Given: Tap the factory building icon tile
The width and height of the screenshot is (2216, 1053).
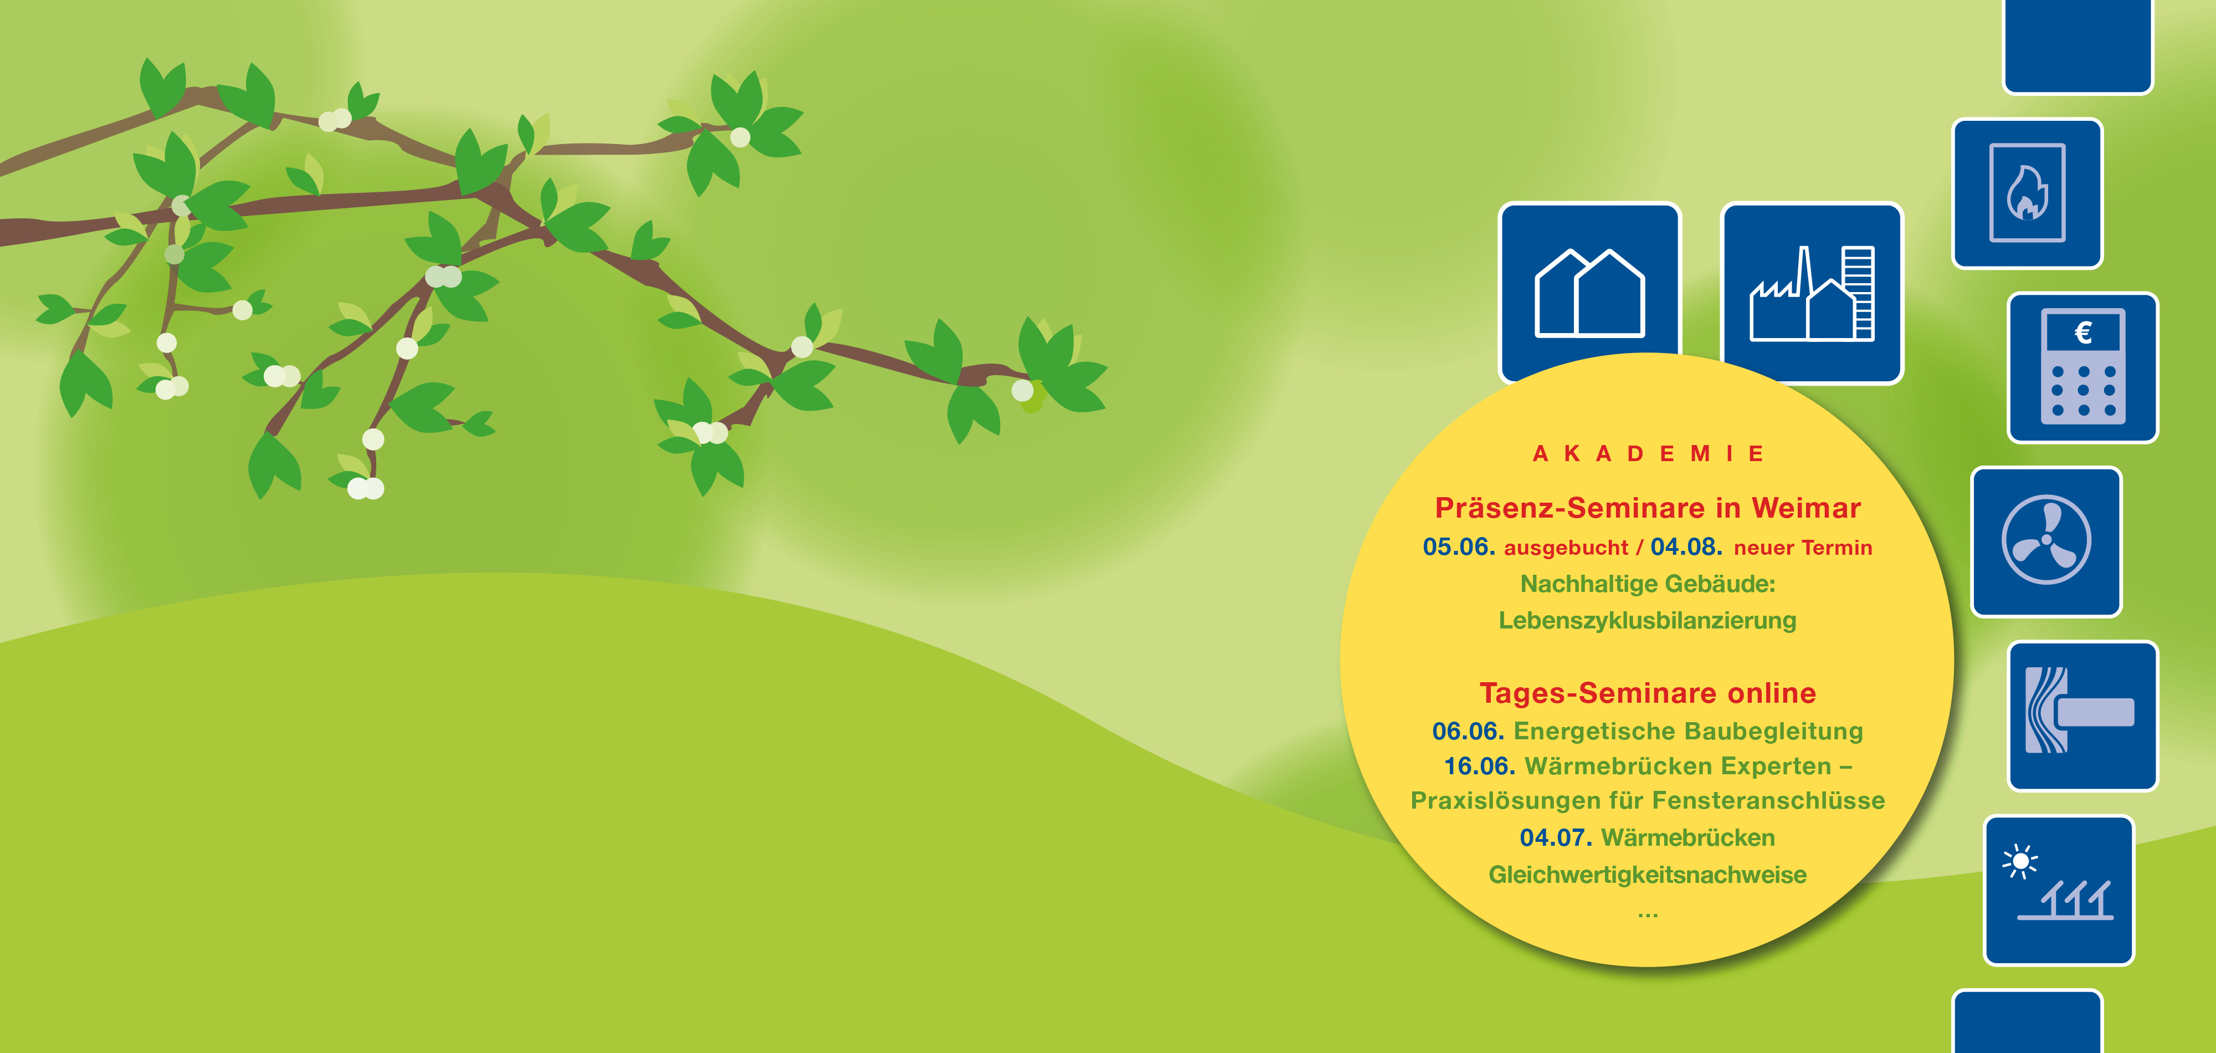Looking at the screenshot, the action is coord(1812,293).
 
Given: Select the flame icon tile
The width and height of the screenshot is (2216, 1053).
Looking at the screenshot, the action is coord(2028,193).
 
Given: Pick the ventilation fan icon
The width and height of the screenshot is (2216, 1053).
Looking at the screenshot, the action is coord(2046,541).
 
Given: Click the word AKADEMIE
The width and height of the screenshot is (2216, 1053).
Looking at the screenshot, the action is coord(1648,453).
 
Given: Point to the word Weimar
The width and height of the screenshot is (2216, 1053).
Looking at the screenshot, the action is coord(1807,508).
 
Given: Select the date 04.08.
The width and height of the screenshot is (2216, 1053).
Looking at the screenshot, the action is coord(1686,547).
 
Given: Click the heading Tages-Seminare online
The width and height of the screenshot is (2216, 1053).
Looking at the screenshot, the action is coord(1648,693).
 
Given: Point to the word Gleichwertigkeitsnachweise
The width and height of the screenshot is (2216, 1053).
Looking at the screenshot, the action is coord(1648,875).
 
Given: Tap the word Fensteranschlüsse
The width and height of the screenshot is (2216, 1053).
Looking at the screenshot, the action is coord(1769,800).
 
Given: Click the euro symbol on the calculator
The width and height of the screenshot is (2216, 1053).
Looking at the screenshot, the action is coord(2082,332).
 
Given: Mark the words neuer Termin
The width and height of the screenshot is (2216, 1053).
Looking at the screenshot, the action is coord(1803,548).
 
